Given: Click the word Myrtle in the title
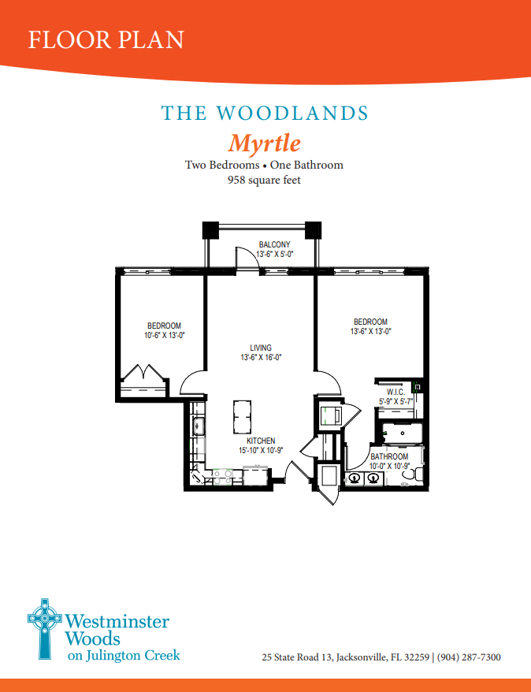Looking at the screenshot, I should pos(264,143).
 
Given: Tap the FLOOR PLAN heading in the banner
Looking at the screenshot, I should pos(106,39).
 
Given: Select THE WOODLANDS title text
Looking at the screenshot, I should pos(265,113).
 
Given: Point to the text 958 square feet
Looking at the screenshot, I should pos(264,180).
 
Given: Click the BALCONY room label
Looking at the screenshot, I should pos(274,244).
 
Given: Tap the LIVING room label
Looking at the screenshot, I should pos(261,348).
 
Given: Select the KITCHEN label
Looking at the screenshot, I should pos(260,441).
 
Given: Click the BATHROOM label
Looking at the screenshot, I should pos(389,456).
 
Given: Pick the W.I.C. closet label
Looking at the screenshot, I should pos(395,392).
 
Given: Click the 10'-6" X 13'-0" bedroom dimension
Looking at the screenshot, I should pos(164,336).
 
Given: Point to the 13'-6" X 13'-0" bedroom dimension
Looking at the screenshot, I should pos(370,332).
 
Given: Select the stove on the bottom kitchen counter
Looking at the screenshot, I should pos(221,475).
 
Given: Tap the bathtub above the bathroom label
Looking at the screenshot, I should pos(401,433).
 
